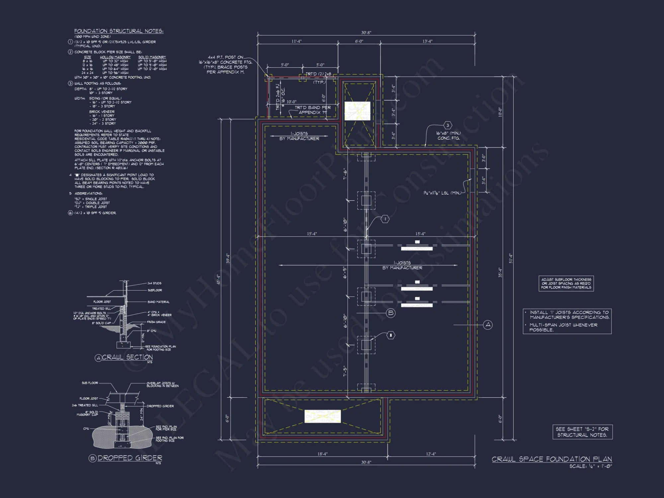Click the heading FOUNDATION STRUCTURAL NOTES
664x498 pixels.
[119, 31]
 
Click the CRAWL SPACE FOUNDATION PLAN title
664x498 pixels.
[551, 459]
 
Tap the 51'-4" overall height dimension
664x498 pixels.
[511, 259]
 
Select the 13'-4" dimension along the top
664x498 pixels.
[427, 41]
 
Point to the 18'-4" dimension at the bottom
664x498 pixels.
[322, 454]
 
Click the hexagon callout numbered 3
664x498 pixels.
[448, 125]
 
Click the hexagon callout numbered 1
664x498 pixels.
[385, 219]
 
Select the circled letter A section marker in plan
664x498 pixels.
[488, 325]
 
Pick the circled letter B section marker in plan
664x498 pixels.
[391, 313]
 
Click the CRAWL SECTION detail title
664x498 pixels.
[127, 357]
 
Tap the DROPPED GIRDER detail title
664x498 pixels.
[129, 458]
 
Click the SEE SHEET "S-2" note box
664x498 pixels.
[582, 432]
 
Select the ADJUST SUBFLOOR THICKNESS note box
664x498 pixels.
[566, 284]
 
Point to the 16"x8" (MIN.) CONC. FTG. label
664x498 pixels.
[449, 135]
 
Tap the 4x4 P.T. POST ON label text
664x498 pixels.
[225, 57]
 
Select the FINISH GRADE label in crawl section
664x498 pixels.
[156, 322]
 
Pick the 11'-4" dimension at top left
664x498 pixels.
[296, 41]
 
